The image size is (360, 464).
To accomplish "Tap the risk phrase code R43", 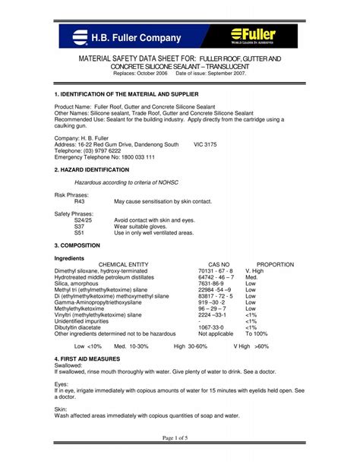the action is (x=80, y=201).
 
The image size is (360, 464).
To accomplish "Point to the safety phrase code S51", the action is (x=79, y=233).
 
